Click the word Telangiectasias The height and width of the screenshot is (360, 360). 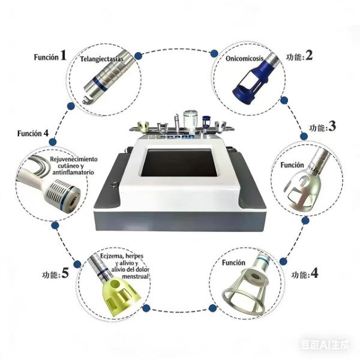coord(101,59)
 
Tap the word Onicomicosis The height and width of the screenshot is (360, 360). coord(244,58)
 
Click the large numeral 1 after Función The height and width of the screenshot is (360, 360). coord(64,55)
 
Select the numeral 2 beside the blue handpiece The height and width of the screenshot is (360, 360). coord(309,55)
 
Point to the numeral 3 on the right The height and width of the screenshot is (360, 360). coord(332,126)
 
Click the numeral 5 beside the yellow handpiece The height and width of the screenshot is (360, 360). coord(65,273)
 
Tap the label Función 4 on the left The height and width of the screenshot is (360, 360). coord(33,133)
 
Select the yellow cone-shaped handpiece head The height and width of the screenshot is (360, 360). coord(121,293)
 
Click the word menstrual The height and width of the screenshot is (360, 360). coord(135,276)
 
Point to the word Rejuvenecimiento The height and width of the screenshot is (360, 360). coord(74,159)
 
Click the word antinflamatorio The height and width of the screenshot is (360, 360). coord(73,172)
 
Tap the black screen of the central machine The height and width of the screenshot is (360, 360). coord(179,163)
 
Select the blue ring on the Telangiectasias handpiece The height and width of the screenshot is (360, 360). coord(100,83)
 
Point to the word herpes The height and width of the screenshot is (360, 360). coord(134,256)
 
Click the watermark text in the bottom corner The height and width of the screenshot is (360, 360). coord(325,345)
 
